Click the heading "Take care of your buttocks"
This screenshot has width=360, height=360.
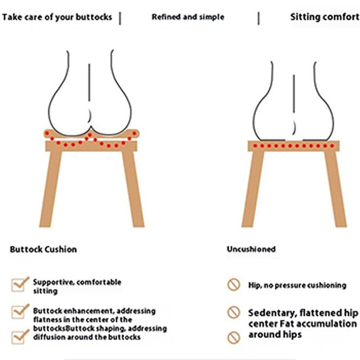[x=57, y=17]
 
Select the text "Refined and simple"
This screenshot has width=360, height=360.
[x=188, y=17]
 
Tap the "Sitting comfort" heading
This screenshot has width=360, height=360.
[x=324, y=17]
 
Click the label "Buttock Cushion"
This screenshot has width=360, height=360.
[x=43, y=250]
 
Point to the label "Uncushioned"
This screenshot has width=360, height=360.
[x=251, y=249]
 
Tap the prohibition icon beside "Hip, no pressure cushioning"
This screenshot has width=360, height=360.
[x=234, y=284]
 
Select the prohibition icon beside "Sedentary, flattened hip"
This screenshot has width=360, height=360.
[x=234, y=312]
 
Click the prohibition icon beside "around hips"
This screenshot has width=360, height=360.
[x=234, y=337]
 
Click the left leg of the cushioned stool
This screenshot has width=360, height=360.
[x=51, y=189]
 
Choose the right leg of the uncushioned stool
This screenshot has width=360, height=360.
[x=335, y=189]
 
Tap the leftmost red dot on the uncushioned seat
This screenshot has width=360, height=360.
[x=255, y=146]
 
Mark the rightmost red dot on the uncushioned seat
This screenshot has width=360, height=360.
[x=332, y=146]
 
